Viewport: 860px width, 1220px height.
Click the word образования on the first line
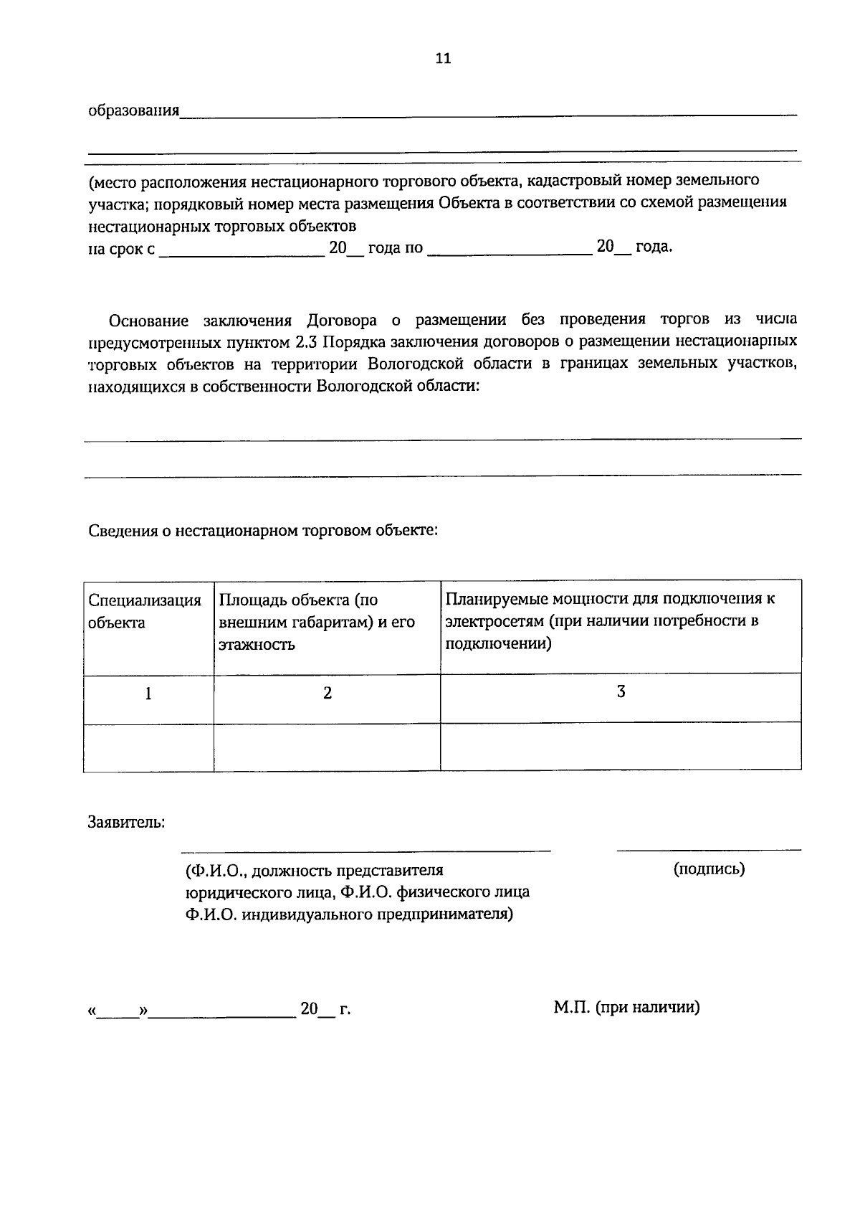click(133, 111)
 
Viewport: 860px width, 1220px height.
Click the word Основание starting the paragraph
click(148, 320)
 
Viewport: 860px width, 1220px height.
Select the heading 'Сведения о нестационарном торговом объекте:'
click(262, 531)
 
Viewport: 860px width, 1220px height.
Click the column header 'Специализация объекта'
click(145, 612)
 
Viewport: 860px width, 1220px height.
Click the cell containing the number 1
click(148, 694)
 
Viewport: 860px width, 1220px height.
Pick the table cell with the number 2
click(328, 694)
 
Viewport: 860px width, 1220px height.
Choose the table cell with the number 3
click(621, 692)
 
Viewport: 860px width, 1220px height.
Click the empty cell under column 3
click(621, 747)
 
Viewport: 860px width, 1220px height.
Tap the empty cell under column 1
click(148, 747)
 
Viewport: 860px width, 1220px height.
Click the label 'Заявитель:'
click(126, 823)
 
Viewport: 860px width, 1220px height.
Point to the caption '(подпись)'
click(709, 869)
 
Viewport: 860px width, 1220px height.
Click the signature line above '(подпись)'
click(709, 849)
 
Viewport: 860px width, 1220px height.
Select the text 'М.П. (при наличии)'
click(626, 1008)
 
